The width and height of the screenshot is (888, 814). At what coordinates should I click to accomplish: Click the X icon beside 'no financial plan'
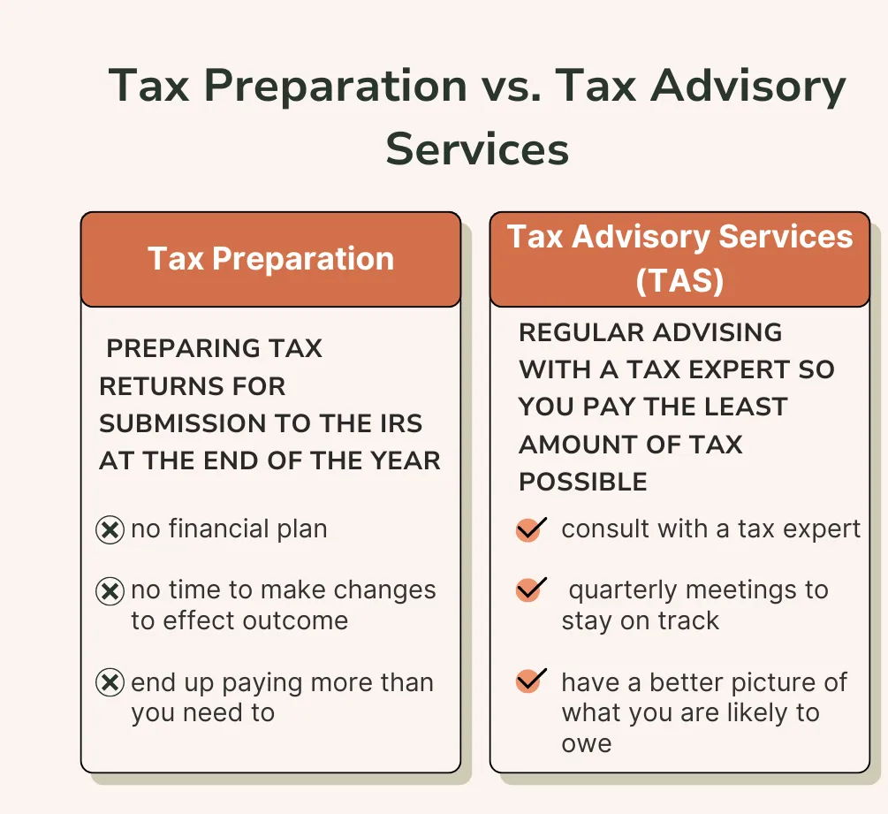pos(110,530)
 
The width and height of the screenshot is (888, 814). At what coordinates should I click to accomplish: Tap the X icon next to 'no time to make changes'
pos(110,591)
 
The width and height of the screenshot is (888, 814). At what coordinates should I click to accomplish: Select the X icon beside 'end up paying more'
pos(110,682)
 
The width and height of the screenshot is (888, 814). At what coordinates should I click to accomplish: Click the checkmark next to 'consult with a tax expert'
pos(531,529)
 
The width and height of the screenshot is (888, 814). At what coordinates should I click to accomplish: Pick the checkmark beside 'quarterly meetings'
pos(531,590)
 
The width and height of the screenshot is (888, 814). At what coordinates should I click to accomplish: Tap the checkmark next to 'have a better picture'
pos(531,681)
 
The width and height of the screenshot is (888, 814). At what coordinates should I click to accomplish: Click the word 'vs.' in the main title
pos(512,87)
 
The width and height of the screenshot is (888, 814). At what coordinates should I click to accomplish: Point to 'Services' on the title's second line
pos(477,149)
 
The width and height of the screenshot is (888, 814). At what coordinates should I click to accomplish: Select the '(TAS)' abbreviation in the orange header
pos(679,280)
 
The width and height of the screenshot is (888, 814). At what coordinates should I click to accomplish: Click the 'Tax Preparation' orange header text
pos(270,259)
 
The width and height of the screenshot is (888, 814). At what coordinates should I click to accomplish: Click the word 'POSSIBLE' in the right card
pos(583,482)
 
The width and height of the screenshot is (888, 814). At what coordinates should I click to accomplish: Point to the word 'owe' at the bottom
pos(587,743)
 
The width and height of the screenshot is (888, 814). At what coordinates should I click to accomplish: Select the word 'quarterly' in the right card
pos(623,590)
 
